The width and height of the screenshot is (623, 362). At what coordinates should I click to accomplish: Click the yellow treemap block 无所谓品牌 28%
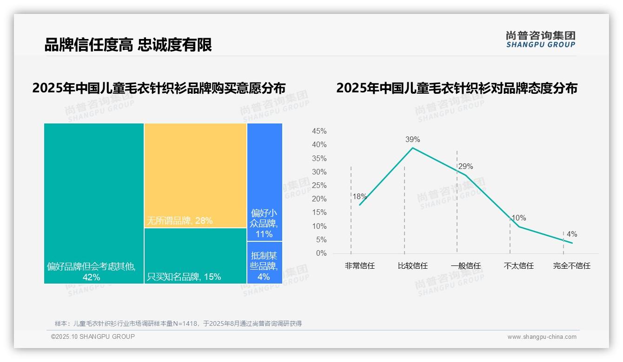coord(195,175)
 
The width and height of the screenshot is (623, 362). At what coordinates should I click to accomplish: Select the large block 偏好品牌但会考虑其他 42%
coord(94,203)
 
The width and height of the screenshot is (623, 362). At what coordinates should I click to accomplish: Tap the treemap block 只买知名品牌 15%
coord(195,256)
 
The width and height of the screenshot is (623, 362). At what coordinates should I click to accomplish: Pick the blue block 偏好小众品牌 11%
coord(265,182)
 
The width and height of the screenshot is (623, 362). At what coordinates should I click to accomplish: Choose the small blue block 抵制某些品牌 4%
coord(265,263)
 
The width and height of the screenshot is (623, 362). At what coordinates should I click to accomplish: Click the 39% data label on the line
coord(412,139)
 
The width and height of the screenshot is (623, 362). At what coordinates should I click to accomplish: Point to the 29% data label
coord(465,167)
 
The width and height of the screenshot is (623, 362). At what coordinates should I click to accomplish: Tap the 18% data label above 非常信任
coord(359,196)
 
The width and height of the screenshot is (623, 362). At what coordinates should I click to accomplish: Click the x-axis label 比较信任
coord(412,266)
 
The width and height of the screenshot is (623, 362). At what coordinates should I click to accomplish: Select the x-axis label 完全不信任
coord(571,266)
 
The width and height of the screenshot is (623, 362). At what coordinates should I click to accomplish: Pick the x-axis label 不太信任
coord(518,266)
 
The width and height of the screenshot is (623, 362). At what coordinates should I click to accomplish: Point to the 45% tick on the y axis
coord(319,131)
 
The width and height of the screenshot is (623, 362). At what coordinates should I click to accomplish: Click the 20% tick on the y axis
coord(319,199)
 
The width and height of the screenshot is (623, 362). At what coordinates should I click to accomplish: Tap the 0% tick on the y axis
coord(321,253)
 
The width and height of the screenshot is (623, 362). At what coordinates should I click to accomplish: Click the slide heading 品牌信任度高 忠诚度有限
coord(128,45)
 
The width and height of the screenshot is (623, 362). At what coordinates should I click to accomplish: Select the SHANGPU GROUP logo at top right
coord(540,39)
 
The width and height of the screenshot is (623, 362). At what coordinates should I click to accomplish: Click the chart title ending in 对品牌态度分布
coord(457,88)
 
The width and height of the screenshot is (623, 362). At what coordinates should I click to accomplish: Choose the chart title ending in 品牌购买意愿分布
coord(159,88)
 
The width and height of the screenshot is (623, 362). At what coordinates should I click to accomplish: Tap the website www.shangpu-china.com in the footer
coord(542,337)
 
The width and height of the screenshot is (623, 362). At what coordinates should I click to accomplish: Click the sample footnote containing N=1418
coord(178,323)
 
